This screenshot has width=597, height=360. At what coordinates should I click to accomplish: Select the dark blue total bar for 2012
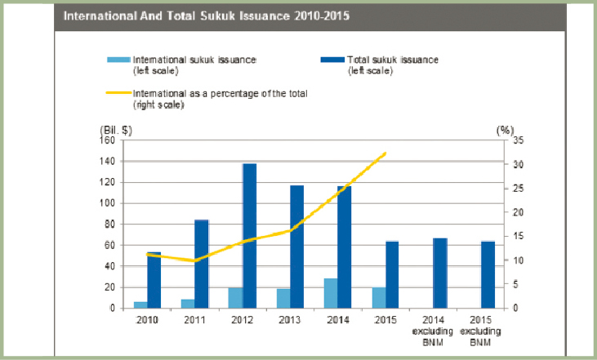[x=249, y=236]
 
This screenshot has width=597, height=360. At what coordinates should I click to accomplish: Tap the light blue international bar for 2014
[x=332, y=293]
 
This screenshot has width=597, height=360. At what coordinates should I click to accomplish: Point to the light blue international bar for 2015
[x=379, y=297]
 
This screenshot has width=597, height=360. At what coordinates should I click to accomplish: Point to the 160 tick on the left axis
[x=106, y=140]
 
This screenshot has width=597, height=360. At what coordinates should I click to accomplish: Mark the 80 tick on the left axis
[x=109, y=224]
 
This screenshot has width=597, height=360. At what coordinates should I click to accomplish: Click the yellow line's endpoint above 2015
[x=385, y=153]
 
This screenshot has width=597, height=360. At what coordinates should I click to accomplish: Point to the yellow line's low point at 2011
[x=194, y=260]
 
